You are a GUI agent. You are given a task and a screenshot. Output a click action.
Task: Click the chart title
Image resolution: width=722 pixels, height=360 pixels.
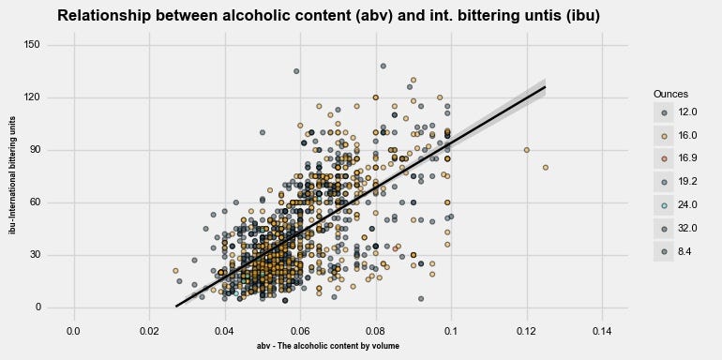click(x=328, y=16)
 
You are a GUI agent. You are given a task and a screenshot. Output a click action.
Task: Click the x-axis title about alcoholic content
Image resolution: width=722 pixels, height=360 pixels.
click(x=328, y=346)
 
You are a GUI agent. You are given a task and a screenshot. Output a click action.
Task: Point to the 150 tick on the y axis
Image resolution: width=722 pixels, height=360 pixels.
click(x=31, y=45)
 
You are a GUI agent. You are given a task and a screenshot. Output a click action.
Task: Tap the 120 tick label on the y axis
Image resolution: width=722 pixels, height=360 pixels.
click(x=31, y=97)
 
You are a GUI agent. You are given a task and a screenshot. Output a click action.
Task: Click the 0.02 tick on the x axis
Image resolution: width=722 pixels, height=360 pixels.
click(x=149, y=331)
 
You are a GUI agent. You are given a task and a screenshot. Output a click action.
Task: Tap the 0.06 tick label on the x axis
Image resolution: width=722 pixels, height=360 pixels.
click(x=300, y=331)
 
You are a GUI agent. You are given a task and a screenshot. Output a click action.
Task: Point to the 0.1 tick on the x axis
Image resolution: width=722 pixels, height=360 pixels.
click(x=451, y=331)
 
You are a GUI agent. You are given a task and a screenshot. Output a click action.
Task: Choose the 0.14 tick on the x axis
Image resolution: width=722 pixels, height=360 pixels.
click(x=602, y=331)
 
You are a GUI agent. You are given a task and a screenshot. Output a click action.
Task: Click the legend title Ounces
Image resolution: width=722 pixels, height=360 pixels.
click(x=671, y=95)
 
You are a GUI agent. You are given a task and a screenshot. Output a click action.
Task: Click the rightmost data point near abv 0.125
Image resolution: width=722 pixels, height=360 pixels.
click(x=546, y=168)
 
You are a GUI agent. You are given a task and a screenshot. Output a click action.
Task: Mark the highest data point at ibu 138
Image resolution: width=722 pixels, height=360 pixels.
click(x=383, y=67)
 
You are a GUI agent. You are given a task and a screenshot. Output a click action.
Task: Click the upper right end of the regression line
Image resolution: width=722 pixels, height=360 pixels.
click(x=545, y=87)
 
